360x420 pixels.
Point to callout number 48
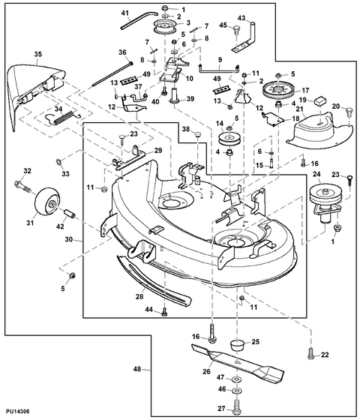(x=137, y=369)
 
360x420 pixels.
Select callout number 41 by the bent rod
(x=125, y=13)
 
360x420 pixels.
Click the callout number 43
(x=241, y=17)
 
